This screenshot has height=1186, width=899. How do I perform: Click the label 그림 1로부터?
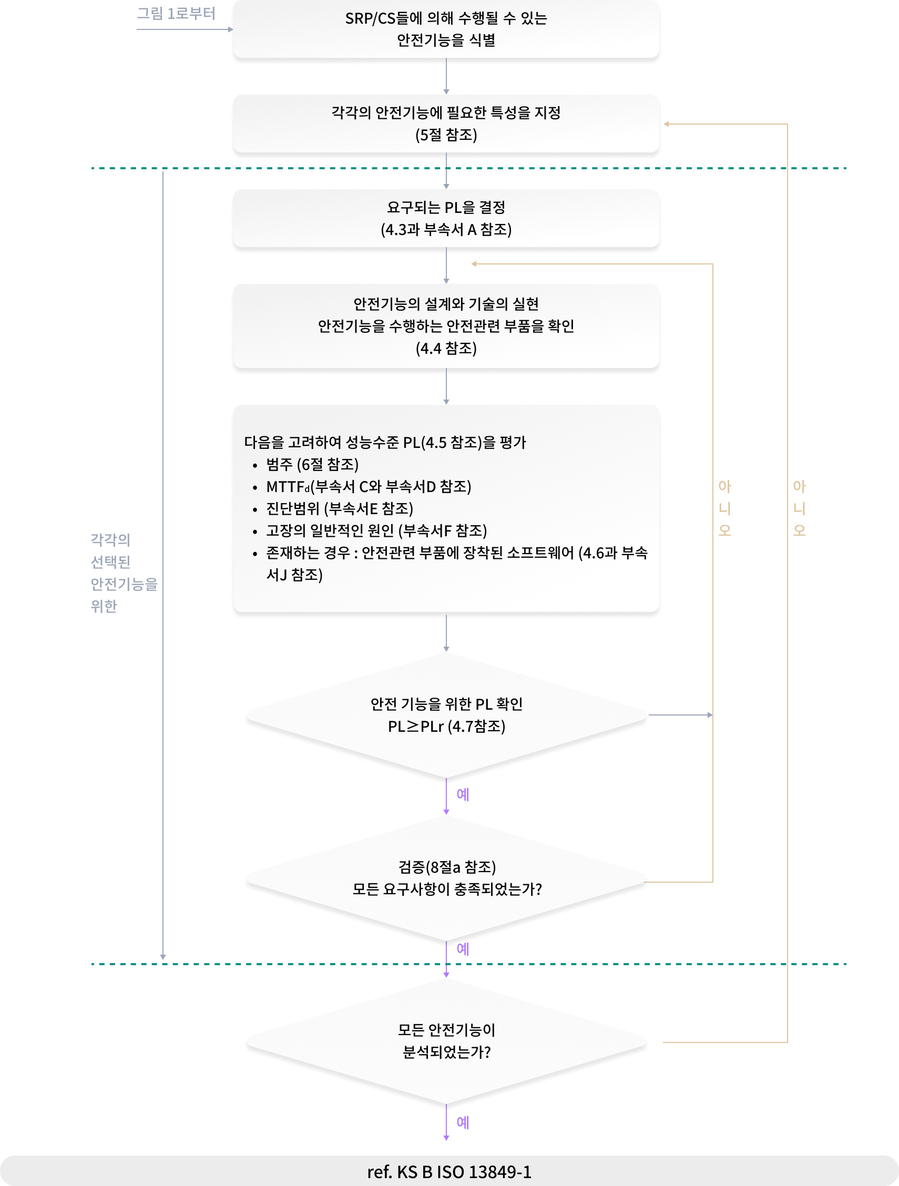176,13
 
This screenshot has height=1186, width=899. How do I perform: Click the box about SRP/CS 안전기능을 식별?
446,29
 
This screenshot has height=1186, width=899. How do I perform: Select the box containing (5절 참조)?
446,124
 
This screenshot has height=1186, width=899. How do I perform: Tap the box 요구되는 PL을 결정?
446,218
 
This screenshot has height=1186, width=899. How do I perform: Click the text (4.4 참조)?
446,349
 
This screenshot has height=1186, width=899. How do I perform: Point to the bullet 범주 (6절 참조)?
312,464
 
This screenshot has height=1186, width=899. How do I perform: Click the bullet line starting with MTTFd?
369,487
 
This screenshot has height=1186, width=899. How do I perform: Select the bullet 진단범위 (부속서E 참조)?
339,508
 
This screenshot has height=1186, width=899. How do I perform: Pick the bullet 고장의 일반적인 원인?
376,531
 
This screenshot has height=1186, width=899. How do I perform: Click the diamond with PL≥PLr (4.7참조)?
446,715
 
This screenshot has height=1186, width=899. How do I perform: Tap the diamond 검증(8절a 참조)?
446,878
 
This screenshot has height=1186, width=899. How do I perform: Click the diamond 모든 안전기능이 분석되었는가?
446,1041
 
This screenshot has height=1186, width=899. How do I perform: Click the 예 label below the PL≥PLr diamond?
463,794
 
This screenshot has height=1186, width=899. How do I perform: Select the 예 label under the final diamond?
463,1123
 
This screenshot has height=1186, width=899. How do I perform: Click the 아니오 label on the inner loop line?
724,508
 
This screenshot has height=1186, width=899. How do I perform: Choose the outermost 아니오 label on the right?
799,508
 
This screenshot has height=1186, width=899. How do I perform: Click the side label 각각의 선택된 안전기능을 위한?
124,572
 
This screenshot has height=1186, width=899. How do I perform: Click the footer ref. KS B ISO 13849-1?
449,1172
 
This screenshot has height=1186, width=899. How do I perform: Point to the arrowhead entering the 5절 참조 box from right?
666,124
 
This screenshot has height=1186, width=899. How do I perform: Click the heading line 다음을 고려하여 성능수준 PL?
385,442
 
